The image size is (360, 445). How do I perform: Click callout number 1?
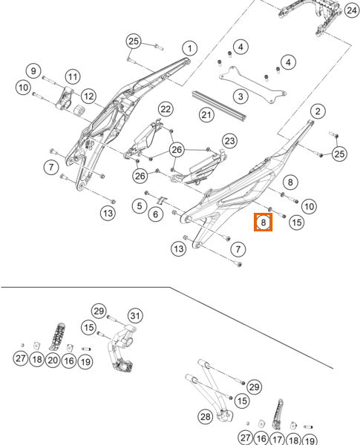[x=190, y=48]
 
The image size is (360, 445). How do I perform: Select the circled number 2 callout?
[x=318, y=111]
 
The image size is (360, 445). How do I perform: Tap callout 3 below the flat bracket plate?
[x=240, y=96]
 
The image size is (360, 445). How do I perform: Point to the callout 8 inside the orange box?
[x=263, y=222]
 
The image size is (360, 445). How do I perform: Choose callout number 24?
[x=352, y=10]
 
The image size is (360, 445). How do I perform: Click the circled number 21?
[x=206, y=115]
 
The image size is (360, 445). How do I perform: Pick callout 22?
[x=166, y=109]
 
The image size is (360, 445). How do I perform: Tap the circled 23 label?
[x=229, y=141]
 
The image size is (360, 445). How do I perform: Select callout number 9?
[x=33, y=70]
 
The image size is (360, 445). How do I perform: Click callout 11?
[x=73, y=76]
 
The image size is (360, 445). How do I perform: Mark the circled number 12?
[x=88, y=96]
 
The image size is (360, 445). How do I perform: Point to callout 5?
[x=140, y=205]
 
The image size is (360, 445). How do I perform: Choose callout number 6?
[x=155, y=214]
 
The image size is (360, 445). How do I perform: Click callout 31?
[x=135, y=316]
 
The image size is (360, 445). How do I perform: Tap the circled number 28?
[x=206, y=417]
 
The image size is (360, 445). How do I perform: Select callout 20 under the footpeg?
[x=53, y=360]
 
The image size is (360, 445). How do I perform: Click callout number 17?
[x=278, y=439]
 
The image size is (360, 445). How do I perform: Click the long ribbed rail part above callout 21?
[x=219, y=105]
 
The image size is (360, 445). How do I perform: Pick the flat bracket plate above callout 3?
[x=252, y=85]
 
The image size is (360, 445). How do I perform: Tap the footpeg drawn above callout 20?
[x=58, y=336]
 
